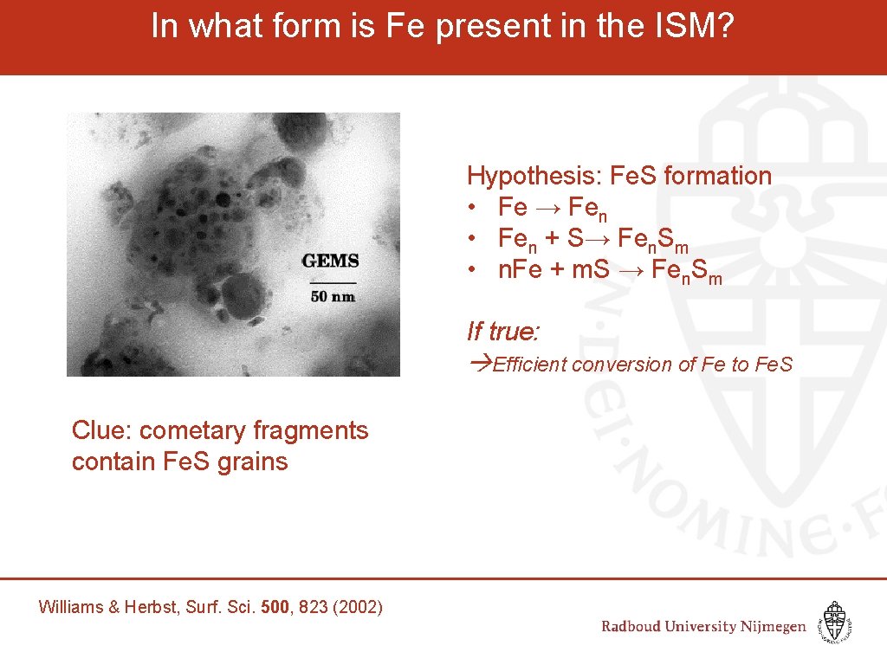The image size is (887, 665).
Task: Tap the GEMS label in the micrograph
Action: (330, 261)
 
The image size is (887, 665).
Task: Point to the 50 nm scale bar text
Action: (333, 297)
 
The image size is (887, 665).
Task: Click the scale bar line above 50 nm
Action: (333, 282)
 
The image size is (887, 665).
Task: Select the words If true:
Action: (503, 331)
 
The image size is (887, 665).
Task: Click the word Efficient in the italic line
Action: (529, 365)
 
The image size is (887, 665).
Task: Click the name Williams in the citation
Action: (70, 607)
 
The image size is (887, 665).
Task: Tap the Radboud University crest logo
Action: (834, 622)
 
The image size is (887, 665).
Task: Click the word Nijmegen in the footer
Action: (772, 627)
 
